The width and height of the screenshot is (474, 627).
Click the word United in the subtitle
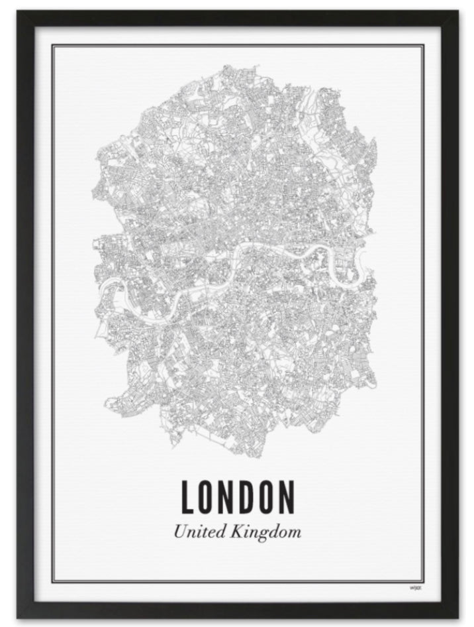coord(199,531)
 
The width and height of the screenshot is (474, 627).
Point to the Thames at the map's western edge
coord(106,286)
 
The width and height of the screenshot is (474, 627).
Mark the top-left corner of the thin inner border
coord(53,45)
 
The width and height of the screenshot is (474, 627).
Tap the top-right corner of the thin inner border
coord(424,45)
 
